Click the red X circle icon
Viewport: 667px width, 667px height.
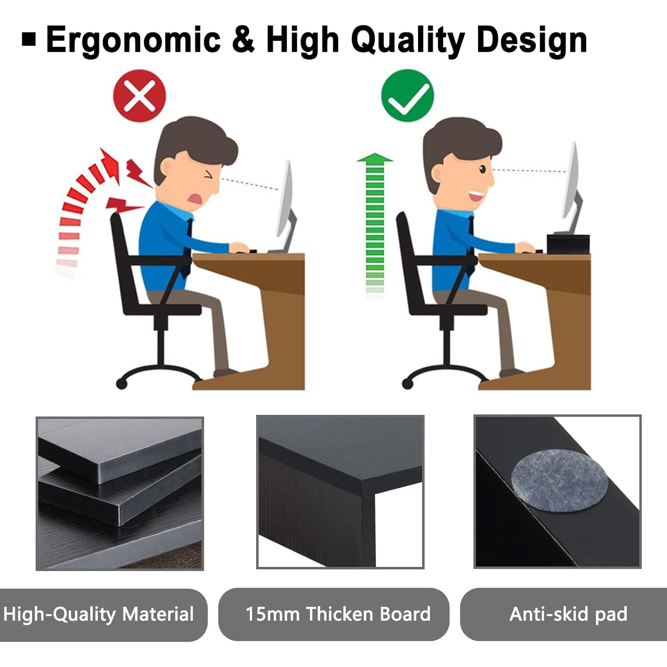click(x=139, y=96)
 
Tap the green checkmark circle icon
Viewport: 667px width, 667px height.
click(x=407, y=96)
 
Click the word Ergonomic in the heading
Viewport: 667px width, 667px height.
click(x=133, y=40)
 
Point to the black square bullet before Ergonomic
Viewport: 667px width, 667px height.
click(x=29, y=39)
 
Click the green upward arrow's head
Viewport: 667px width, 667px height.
click(x=375, y=158)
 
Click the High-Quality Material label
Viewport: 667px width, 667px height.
click(x=99, y=615)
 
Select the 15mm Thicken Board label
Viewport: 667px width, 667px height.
click(x=338, y=615)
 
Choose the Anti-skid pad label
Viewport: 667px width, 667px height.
click(x=568, y=615)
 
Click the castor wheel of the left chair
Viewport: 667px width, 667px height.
click(x=121, y=383)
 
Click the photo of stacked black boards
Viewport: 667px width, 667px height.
click(x=120, y=494)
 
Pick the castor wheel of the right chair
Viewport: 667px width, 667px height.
click(x=407, y=383)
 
